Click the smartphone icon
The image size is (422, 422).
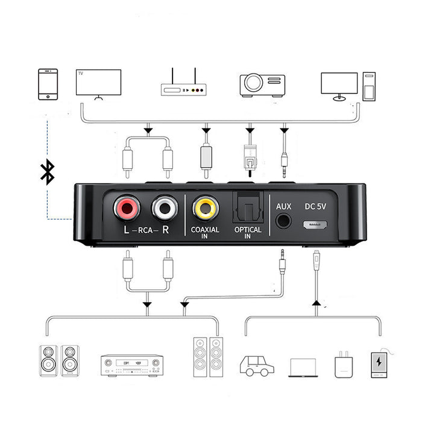click(x=48, y=84)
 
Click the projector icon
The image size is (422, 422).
click(x=262, y=84)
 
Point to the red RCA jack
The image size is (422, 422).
click(x=127, y=209)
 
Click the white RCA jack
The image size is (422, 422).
click(x=164, y=209)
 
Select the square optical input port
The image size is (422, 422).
click(x=247, y=206)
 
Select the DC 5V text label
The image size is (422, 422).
click(x=316, y=206)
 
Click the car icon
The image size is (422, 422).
click(x=257, y=365)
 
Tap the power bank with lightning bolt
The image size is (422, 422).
click(x=379, y=364)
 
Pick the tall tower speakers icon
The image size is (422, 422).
click(x=207, y=358)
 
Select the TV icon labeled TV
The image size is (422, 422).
click(x=98, y=83)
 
